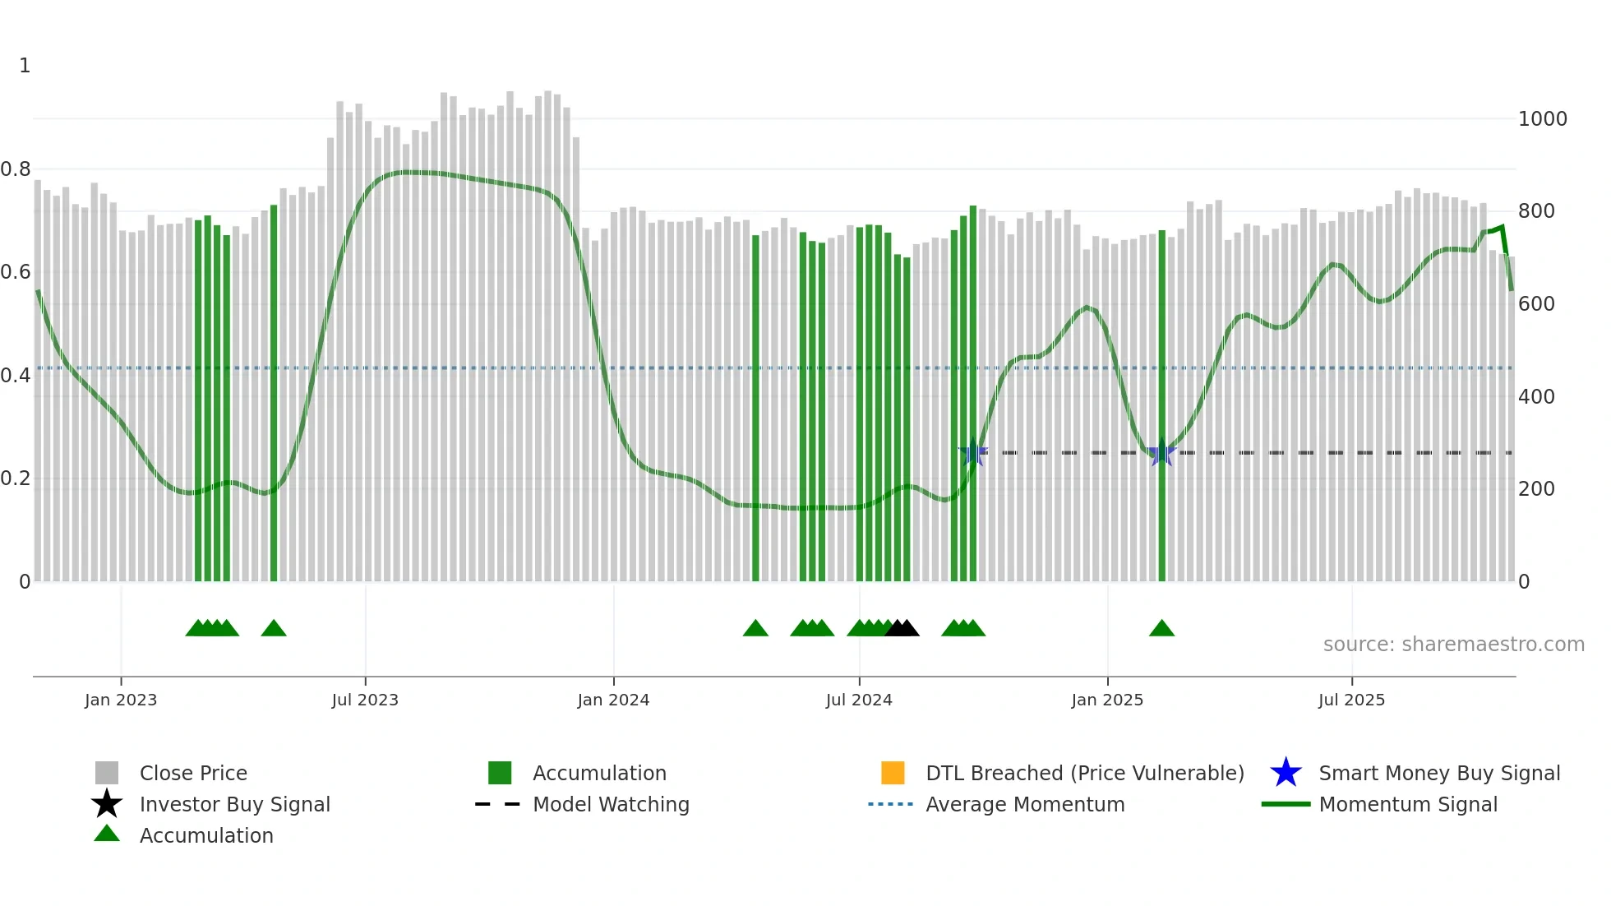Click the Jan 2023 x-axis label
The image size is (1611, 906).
click(x=121, y=700)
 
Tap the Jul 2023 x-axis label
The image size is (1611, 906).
click(x=365, y=700)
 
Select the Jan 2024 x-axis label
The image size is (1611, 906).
click(x=613, y=700)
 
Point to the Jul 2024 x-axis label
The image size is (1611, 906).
click(x=859, y=700)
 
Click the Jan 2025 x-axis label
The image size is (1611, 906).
click(x=1107, y=700)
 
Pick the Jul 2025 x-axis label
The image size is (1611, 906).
click(x=1351, y=700)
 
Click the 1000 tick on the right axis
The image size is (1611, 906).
click(x=1542, y=119)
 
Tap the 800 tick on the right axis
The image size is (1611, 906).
click(x=1536, y=211)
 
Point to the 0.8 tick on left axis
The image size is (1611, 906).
click(x=16, y=169)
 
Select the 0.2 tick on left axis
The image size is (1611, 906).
click(x=16, y=478)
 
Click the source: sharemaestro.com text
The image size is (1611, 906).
click(x=1453, y=645)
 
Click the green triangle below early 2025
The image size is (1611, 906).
click(x=1161, y=629)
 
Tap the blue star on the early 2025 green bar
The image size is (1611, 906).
click(x=1161, y=453)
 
